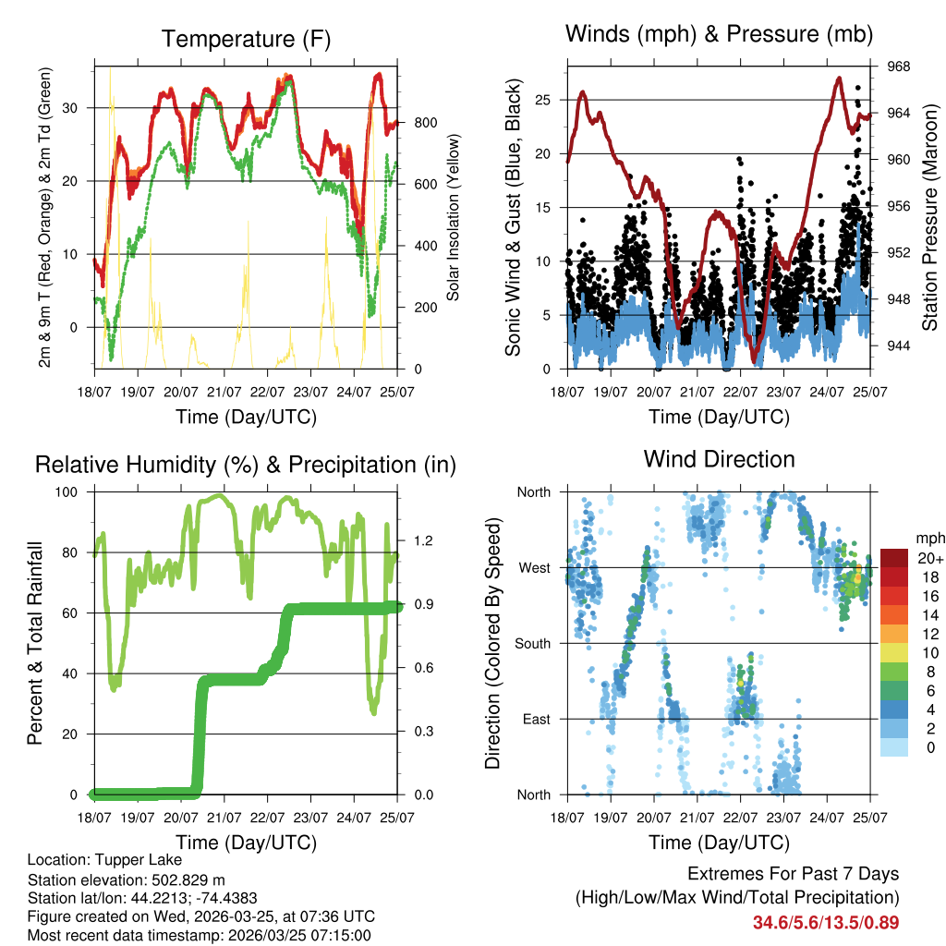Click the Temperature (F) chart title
(246, 39)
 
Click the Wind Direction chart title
(719, 458)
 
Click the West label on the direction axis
(535, 567)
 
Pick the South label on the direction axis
(532, 643)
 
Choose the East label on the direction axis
(536, 719)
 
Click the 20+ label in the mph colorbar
(929, 558)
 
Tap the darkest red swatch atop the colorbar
(894, 558)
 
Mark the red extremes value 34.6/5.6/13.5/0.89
(826, 922)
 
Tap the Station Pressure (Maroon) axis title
(929, 217)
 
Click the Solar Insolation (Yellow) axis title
(453, 217)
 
